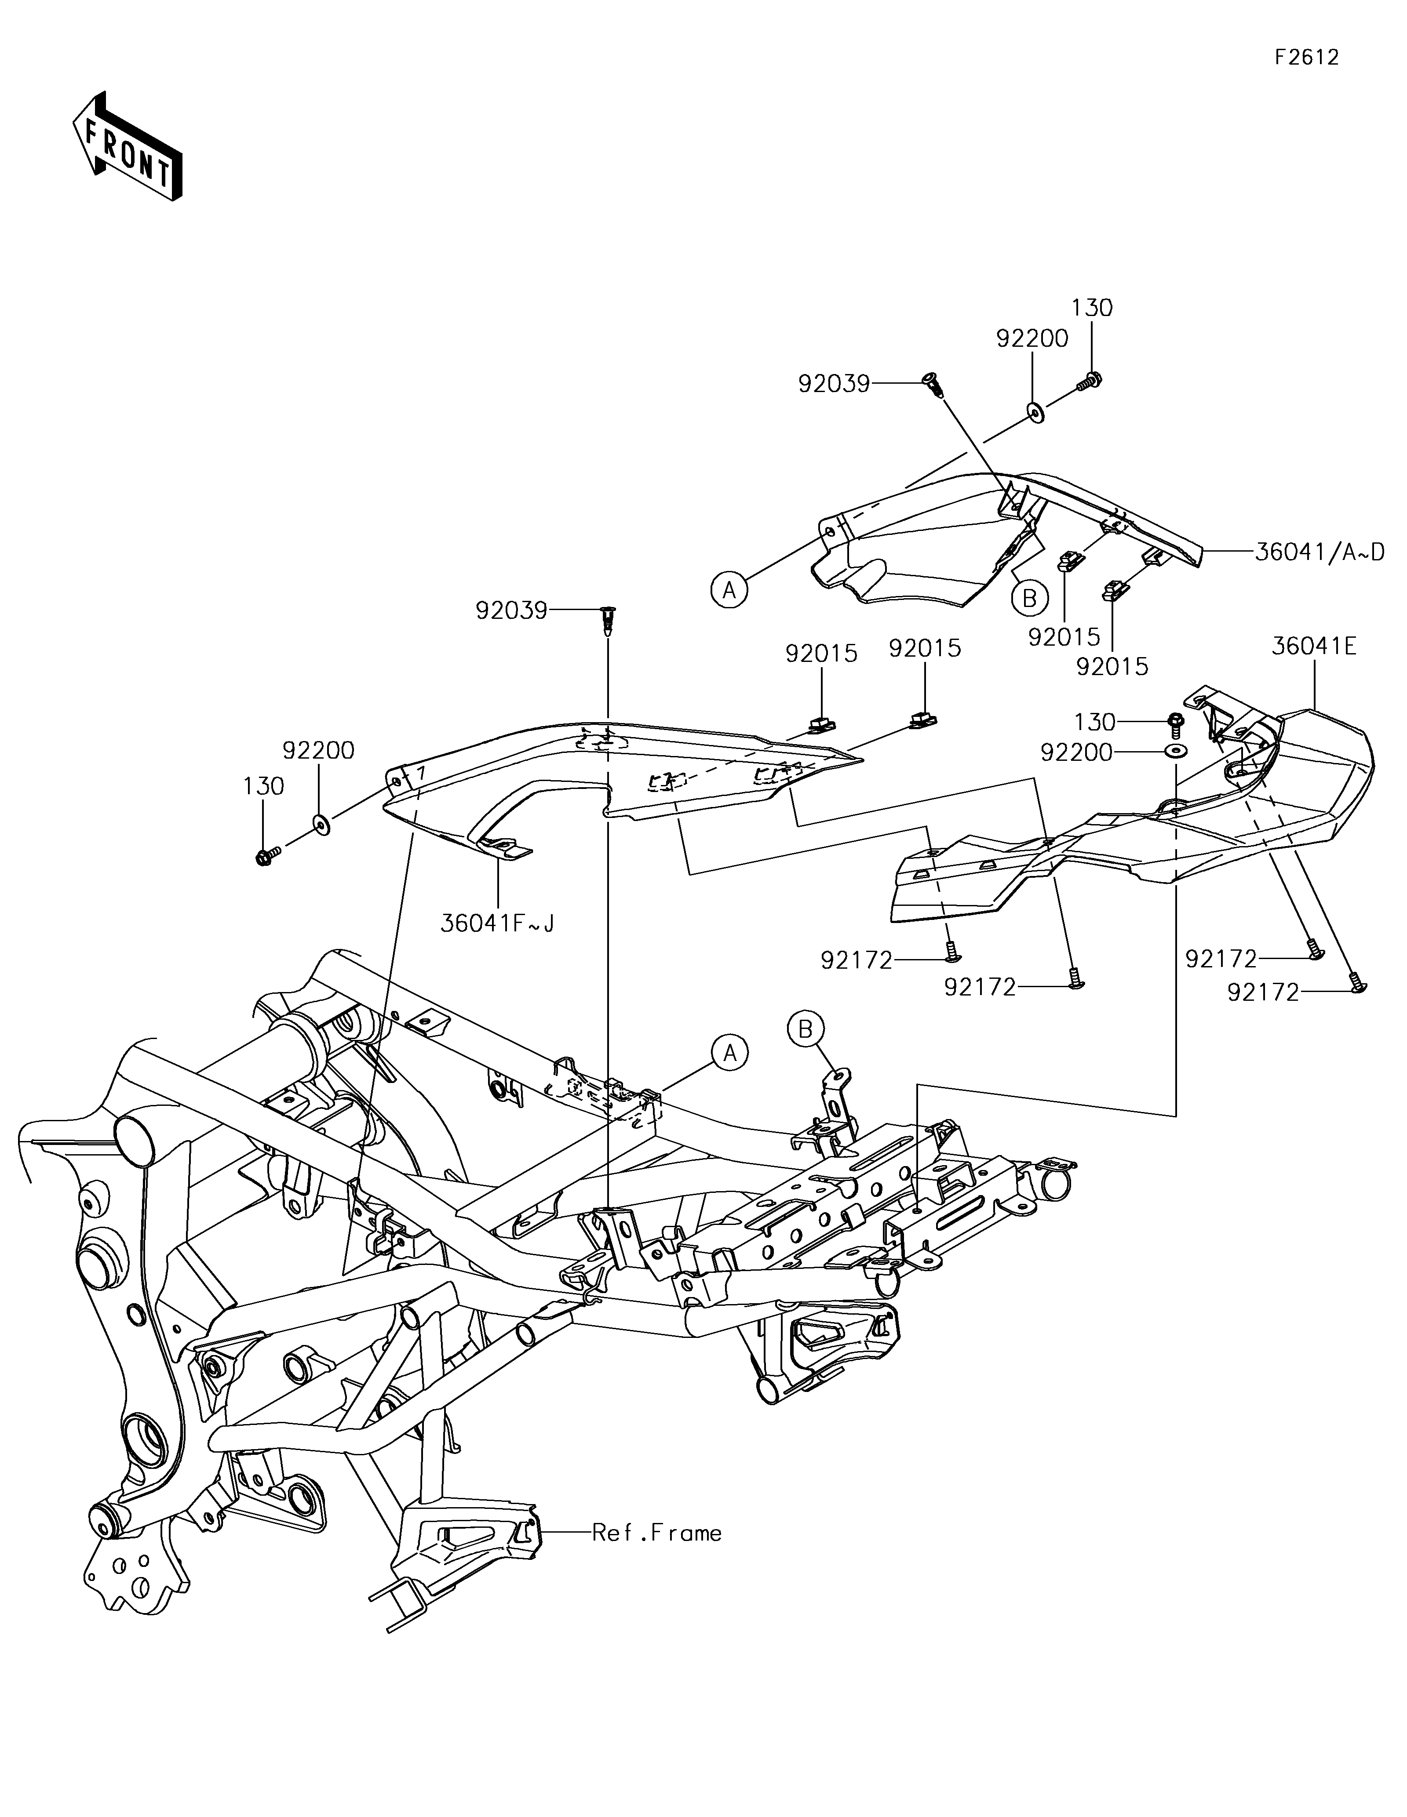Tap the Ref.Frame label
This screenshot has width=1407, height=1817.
(x=656, y=1533)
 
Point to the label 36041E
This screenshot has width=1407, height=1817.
(x=1314, y=647)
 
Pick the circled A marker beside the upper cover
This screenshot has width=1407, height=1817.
(x=730, y=590)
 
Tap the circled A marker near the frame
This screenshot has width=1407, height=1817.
(x=730, y=1053)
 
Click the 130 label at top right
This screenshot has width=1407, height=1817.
(x=1092, y=308)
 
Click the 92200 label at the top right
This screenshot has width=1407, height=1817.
(x=1032, y=338)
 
